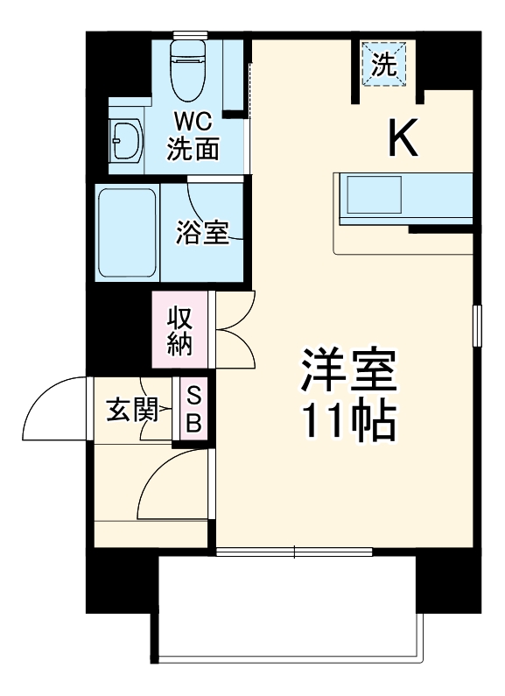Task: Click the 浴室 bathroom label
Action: pos(203,232)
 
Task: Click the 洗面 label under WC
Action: pos(193,149)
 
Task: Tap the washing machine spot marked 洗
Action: pos(385,63)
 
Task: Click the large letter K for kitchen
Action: pos(403,137)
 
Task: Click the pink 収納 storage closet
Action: pos(180,330)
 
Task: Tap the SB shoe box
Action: pos(194,408)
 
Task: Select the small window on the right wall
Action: pos(477,326)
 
